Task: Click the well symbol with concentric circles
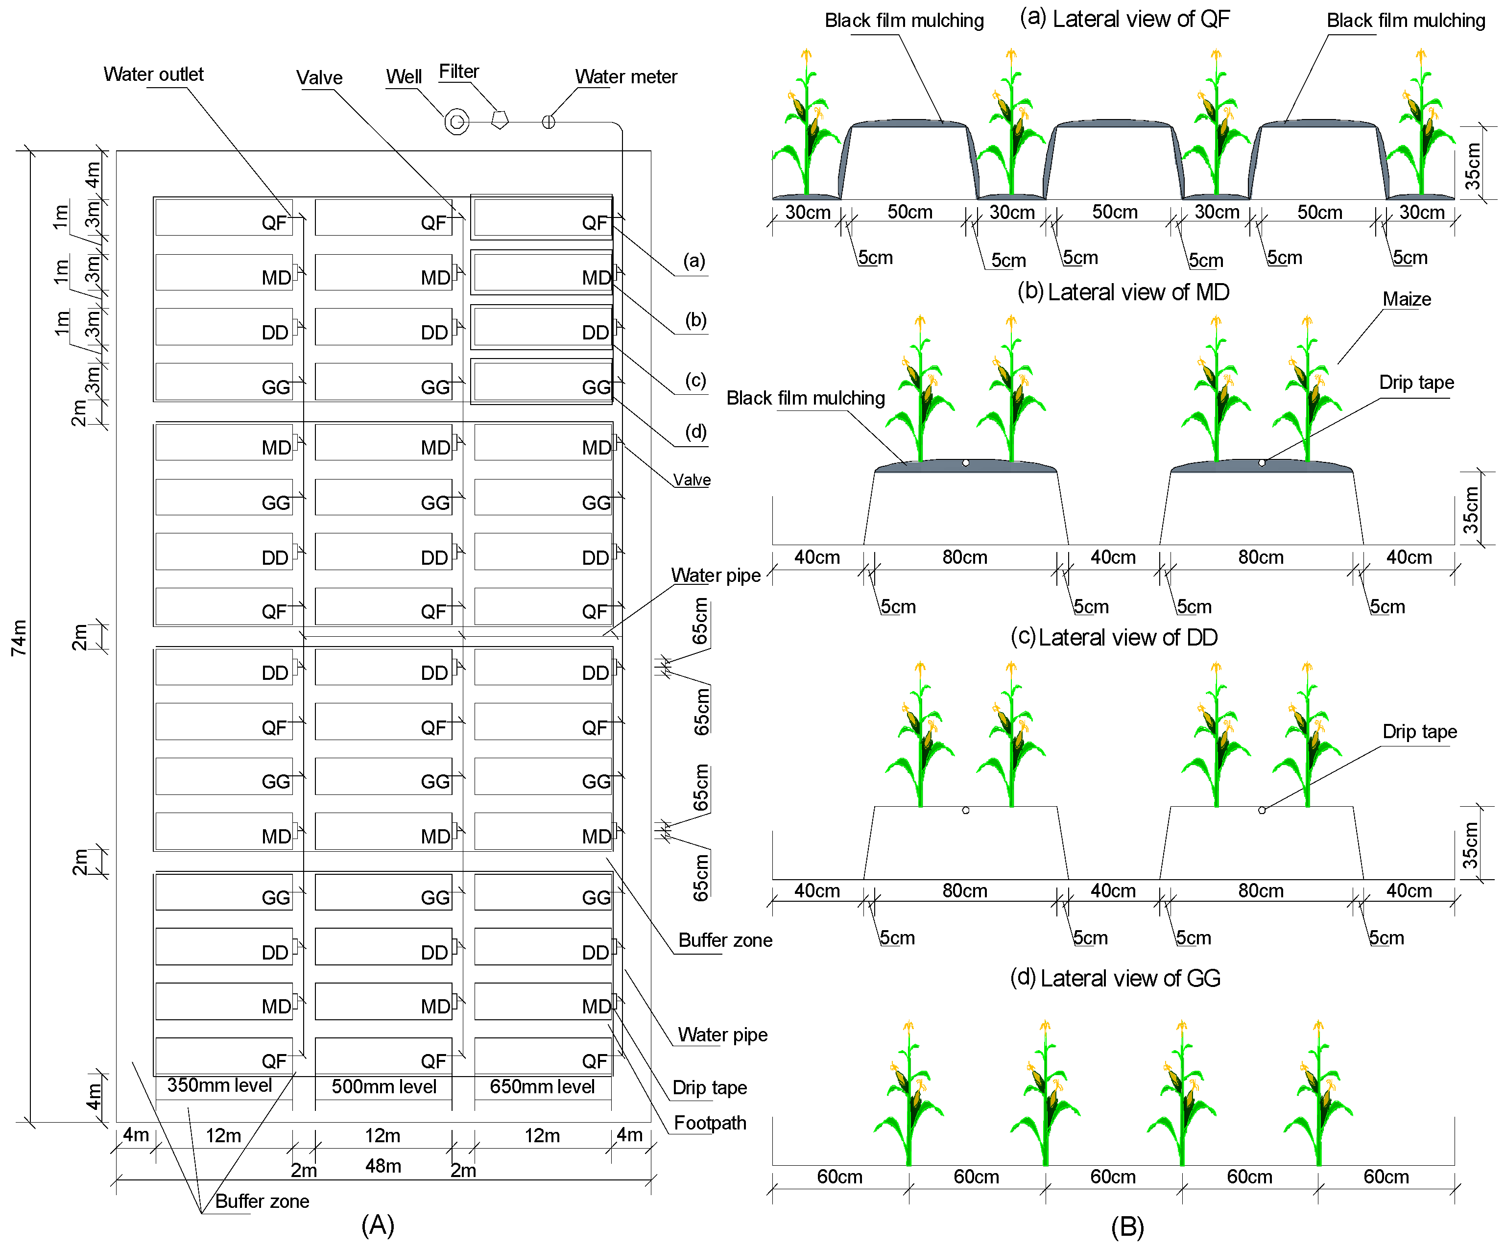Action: click(456, 122)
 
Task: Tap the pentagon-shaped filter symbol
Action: click(500, 120)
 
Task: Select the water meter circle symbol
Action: click(548, 122)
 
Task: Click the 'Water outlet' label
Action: click(153, 74)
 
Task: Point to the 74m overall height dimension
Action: click(20, 637)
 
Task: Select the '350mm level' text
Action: click(219, 1085)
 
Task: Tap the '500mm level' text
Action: click(383, 1087)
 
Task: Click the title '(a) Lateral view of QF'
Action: click(1124, 20)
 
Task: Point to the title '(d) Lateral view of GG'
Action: click(1115, 978)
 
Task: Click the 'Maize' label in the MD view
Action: click(1406, 300)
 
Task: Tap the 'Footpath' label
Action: click(710, 1123)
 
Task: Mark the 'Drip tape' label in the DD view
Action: click(1419, 732)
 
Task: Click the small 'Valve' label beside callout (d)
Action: click(692, 480)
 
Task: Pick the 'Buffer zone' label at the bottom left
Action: click(263, 1201)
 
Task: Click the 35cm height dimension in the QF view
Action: click(1472, 166)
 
